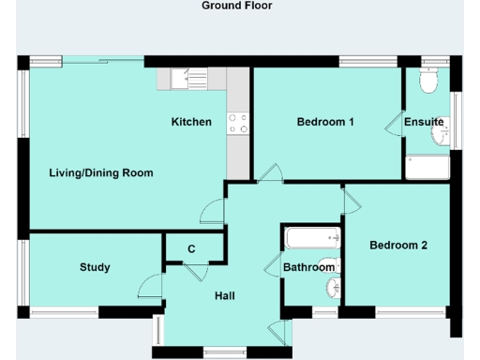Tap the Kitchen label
tap(191, 122)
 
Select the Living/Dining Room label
tap(101, 172)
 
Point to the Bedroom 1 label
tap(325, 122)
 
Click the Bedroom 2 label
tap(398, 246)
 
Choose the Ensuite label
tap(424, 122)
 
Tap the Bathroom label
tap(308, 267)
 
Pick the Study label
tap(95, 267)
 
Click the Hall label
tap(225, 296)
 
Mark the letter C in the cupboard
tap(191, 248)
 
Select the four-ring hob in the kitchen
tap(238, 123)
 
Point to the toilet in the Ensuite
tap(430, 82)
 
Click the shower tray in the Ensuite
tap(428, 168)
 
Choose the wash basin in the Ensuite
tap(441, 138)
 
